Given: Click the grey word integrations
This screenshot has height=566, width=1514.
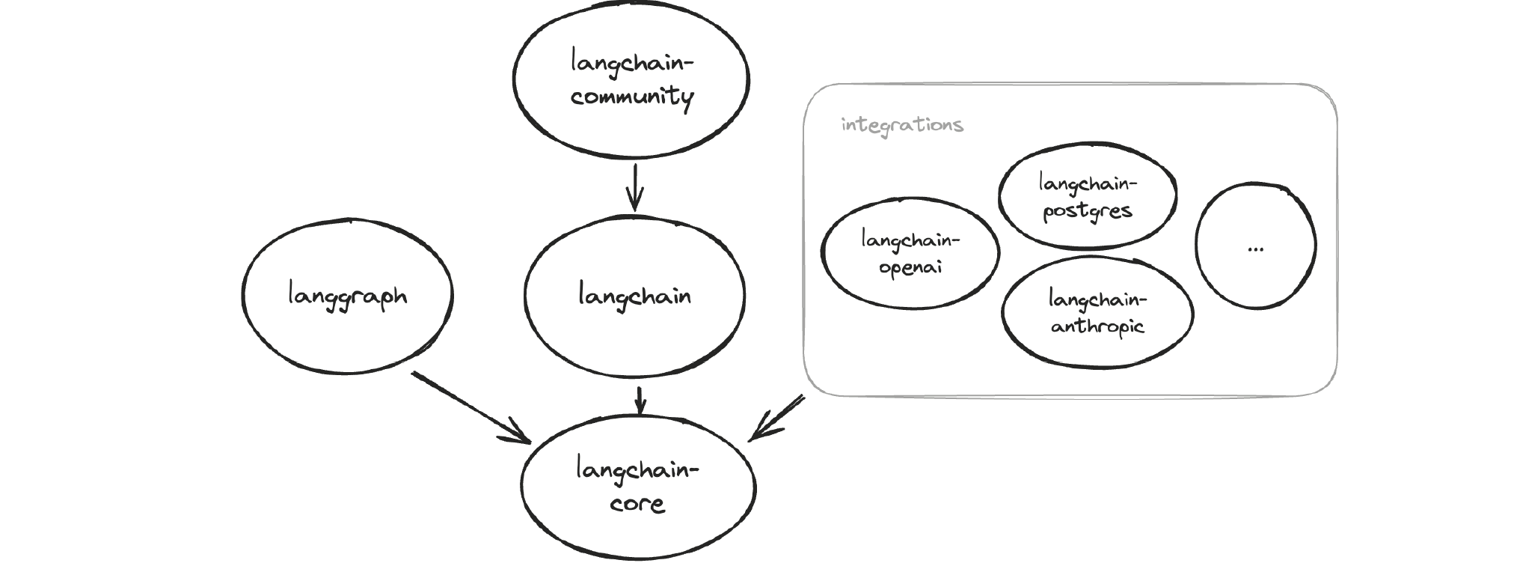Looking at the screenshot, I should [x=902, y=124].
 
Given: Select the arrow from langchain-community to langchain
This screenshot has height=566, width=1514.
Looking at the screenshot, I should [x=634, y=187].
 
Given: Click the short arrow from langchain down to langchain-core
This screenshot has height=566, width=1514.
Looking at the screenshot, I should [x=640, y=401].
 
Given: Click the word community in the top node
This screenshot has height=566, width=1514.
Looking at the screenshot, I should [x=632, y=97].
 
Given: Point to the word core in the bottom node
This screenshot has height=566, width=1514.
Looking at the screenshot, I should [x=637, y=502].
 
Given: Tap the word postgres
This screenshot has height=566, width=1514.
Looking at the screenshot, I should [x=1088, y=211].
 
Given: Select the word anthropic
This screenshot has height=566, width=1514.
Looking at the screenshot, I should [x=1097, y=326].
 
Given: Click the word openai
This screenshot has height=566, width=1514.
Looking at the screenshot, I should [x=910, y=267].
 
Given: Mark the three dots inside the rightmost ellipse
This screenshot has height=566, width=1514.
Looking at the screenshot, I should [x=1256, y=249].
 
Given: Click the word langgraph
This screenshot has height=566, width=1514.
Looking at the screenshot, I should [x=348, y=296].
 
